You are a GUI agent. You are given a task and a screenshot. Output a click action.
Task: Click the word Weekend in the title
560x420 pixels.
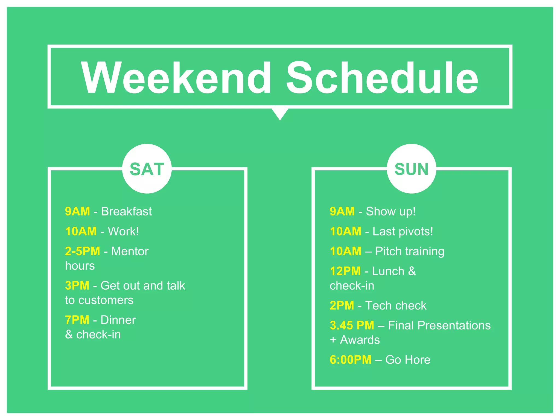point(176,78)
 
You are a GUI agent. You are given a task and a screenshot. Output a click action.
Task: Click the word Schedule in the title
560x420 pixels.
point(382,78)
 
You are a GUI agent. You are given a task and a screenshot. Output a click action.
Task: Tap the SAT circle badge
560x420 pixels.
point(147,169)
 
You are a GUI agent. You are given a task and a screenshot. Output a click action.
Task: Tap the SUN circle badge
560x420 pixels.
point(412,169)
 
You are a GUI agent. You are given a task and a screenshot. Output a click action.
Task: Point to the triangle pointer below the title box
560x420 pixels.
point(280,113)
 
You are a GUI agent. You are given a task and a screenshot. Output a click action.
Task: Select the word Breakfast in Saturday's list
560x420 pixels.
point(126,211)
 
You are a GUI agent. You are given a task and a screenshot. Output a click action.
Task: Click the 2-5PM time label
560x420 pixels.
point(83,251)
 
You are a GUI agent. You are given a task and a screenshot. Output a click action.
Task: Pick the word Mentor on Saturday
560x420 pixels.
point(130,251)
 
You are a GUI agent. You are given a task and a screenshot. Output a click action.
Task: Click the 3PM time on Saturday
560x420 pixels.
point(77,285)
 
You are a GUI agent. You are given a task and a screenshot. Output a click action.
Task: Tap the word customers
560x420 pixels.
point(106,300)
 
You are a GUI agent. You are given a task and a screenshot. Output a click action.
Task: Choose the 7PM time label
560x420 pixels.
point(77,320)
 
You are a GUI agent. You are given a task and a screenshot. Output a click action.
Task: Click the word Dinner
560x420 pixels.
point(118,320)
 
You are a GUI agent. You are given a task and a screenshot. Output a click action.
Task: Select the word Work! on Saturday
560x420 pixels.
point(123,231)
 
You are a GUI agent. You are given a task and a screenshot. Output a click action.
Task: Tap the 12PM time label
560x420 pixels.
point(345,271)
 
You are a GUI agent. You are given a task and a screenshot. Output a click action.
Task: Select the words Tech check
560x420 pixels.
point(396,305)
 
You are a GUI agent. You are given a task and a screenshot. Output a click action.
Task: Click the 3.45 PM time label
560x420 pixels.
point(352,325)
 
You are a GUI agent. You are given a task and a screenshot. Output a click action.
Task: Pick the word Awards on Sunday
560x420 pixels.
point(360,340)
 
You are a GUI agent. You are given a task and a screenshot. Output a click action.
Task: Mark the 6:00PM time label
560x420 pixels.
point(351,360)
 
